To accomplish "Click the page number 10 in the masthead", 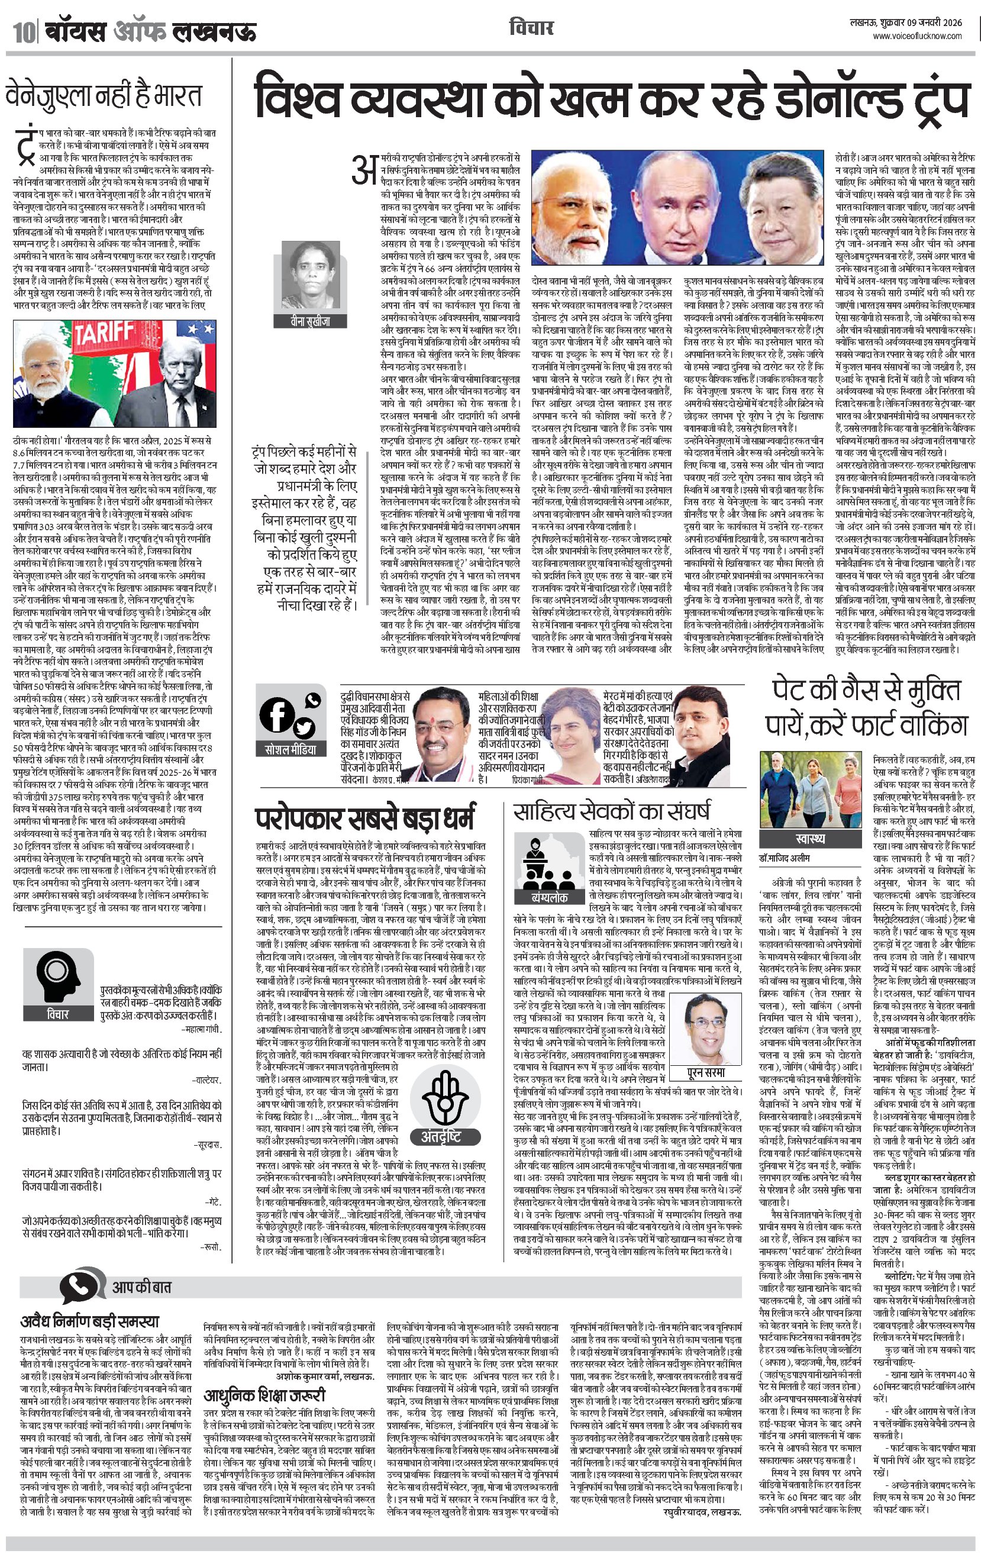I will coord(22,33).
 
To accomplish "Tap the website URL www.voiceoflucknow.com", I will coord(917,37).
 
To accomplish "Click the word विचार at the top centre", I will coord(531,28).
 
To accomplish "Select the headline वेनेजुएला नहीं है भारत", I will coord(104,96).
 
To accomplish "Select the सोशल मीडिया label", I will coord(291,749).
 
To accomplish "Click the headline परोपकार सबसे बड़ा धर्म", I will coord(366,818).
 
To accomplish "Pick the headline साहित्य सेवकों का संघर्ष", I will coord(611,811).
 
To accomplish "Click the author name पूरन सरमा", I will coord(705,1073).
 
